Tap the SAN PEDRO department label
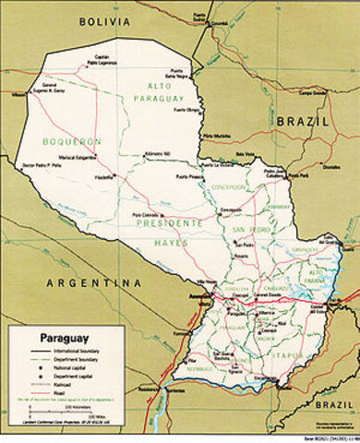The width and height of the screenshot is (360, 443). (249, 229)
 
